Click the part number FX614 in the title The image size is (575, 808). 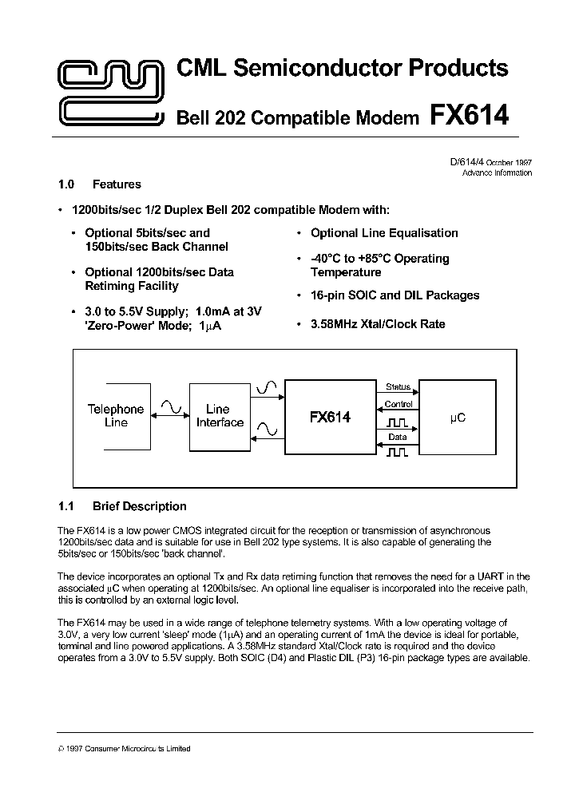(x=469, y=116)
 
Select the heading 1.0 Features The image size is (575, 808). (x=100, y=184)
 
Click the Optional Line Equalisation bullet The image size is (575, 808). (x=383, y=233)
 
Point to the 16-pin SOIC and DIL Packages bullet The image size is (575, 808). (x=395, y=295)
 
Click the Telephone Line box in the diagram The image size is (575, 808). (x=116, y=416)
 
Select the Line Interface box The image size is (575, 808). (x=220, y=416)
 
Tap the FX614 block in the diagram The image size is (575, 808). (x=330, y=418)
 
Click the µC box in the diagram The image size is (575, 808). (x=458, y=418)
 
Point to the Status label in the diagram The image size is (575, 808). (x=397, y=387)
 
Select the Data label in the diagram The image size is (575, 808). (x=397, y=438)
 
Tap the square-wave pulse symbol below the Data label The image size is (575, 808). (x=397, y=452)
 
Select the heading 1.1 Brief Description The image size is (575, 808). (x=122, y=506)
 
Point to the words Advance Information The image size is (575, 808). (x=497, y=173)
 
